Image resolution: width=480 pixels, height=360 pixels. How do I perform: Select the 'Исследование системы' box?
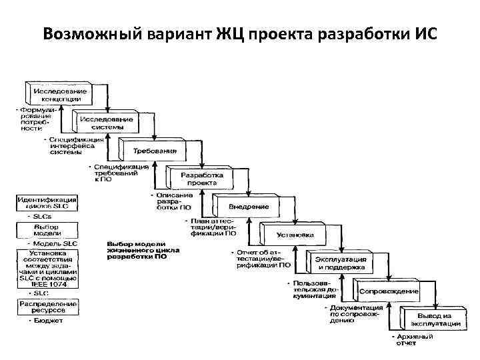coord(107,123)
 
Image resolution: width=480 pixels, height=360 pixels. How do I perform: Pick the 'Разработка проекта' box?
coord(201,178)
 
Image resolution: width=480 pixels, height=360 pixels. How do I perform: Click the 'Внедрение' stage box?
coord(249,207)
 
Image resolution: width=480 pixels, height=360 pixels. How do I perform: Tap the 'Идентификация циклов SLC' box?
coord(47,203)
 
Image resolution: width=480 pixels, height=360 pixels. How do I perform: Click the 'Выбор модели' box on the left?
coord(47,231)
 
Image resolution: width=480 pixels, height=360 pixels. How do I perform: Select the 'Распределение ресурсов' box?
coord(47,307)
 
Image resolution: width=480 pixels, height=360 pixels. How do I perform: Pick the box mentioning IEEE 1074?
coord(47,269)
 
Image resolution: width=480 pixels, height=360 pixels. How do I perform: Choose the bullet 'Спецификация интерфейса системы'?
coord(77,145)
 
